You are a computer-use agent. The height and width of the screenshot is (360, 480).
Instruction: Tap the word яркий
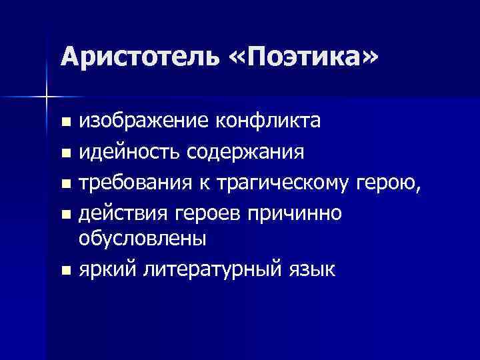tap(107, 269)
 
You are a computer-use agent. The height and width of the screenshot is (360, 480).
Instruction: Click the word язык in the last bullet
tap(314, 269)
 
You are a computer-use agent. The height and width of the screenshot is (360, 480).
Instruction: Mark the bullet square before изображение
tap(64, 123)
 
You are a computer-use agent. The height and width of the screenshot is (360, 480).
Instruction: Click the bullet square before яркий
tap(64, 271)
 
